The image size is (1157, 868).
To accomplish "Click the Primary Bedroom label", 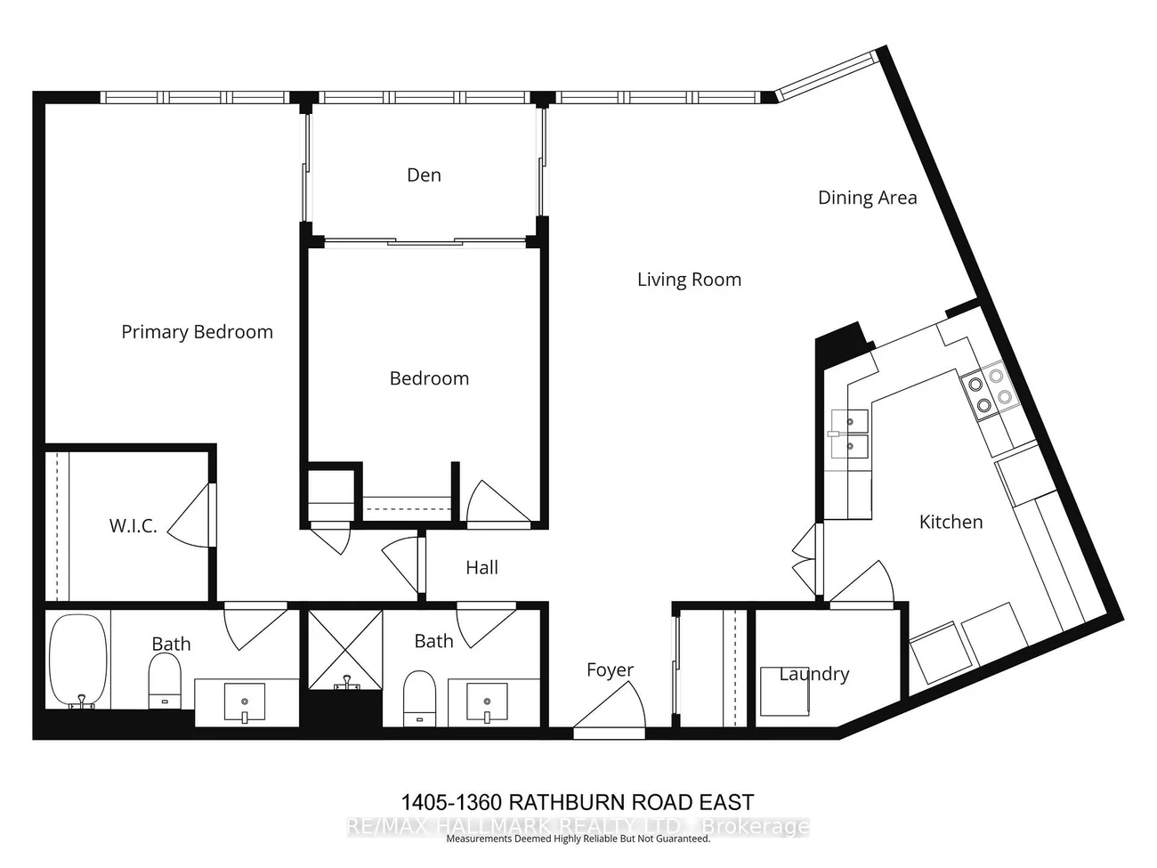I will (197, 332).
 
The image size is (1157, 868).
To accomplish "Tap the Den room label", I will (424, 175).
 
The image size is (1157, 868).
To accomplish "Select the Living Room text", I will (689, 280).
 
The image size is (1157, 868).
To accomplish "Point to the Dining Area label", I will (867, 198).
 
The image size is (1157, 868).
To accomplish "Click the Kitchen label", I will (951, 522).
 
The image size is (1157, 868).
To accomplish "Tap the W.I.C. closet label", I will (133, 526).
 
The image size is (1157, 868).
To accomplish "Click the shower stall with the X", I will (345, 648).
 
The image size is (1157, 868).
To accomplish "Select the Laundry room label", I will (813, 674).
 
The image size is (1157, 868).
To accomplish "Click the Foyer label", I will (610, 670).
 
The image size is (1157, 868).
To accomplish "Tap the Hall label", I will (481, 568).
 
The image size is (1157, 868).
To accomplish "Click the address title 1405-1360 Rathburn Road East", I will (577, 802).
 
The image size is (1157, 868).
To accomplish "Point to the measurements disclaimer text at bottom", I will (577, 839).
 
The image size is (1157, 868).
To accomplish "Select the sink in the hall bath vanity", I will (486, 701).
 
